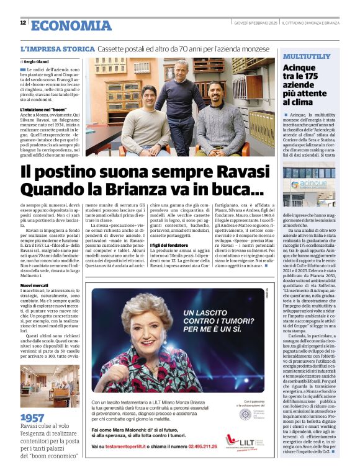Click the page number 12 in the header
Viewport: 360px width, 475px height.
(23, 23)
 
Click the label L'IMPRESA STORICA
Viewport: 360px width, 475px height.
(58, 48)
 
